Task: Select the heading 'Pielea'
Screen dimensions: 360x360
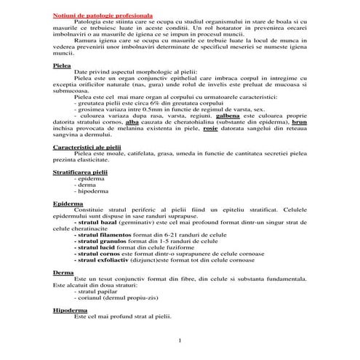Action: pos(62,65)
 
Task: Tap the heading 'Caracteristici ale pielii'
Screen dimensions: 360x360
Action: pos(86,147)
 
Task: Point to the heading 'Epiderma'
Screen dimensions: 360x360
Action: pos(67,204)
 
